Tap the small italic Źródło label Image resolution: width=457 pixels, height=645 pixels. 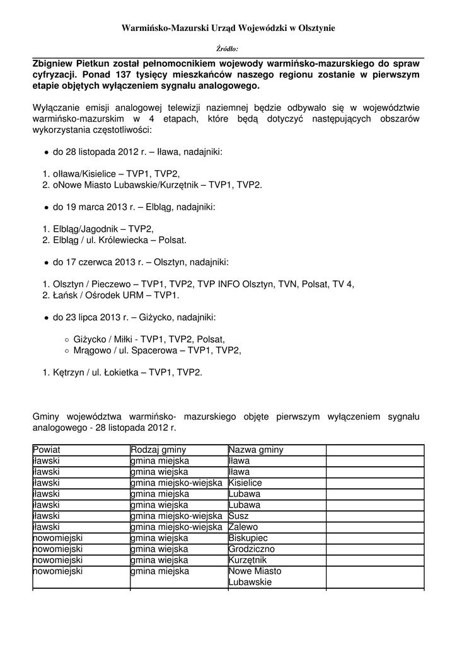[x=228, y=49]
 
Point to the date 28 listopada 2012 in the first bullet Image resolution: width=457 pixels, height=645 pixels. [x=101, y=152]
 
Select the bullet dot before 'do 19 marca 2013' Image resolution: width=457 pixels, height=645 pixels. [x=47, y=207]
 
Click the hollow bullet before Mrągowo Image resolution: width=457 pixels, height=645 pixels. [x=67, y=350]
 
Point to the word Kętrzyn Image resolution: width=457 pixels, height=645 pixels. [x=69, y=373]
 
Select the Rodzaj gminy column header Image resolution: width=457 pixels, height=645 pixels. [x=155, y=450]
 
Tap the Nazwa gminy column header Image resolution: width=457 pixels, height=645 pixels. [x=256, y=450]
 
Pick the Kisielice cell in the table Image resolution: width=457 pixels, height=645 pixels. [x=245, y=482]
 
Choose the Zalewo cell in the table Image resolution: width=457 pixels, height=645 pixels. [x=243, y=527]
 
